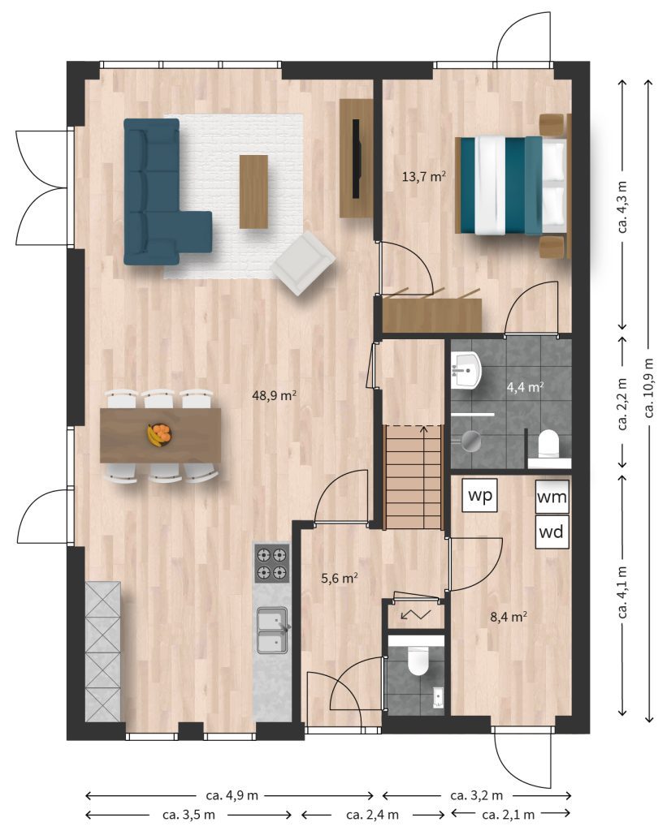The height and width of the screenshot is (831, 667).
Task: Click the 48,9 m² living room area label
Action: tap(274, 395)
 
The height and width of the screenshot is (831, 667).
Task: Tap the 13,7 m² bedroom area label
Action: tap(423, 176)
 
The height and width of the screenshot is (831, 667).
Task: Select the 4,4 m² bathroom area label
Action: tap(525, 387)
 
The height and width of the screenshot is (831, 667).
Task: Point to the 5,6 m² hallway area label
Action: tap(339, 578)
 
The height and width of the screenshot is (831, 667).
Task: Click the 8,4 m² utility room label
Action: tap(509, 617)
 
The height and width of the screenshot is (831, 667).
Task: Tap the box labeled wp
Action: tap(479, 496)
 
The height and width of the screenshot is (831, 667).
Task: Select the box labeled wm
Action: tap(552, 497)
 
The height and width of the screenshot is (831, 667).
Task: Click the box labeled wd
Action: tap(552, 532)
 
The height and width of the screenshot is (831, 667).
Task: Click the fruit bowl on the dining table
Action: tap(159, 435)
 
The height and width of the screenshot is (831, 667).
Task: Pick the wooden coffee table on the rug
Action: tap(253, 192)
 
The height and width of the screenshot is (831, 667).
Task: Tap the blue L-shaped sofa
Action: tap(159, 192)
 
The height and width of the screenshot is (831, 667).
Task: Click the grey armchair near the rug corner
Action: tap(303, 264)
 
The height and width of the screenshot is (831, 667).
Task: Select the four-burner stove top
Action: tap(271, 564)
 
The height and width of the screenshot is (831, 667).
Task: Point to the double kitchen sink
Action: tap(273, 630)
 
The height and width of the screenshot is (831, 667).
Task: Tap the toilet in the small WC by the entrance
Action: tap(418, 661)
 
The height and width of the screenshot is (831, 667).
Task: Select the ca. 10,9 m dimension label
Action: tap(649, 388)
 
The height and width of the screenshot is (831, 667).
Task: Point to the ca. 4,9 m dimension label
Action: tap(232, 795)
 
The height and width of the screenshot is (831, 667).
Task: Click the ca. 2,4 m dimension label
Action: tap(373, 815)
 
